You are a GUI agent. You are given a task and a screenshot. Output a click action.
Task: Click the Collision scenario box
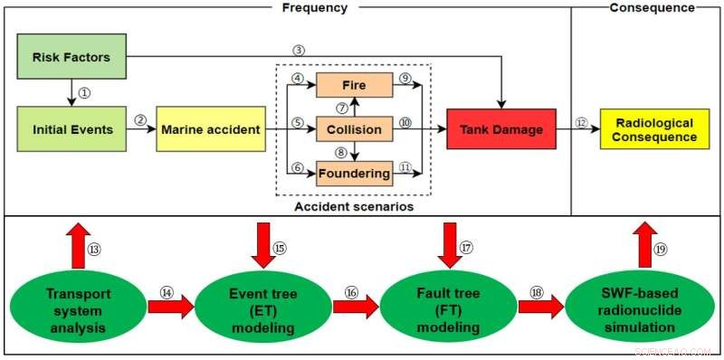coord(354,129)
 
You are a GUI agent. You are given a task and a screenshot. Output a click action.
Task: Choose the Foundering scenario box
coord(354,172)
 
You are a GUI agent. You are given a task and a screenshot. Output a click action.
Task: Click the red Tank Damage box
coord(500,129)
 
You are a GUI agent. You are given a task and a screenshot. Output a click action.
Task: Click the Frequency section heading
coord(314,7)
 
